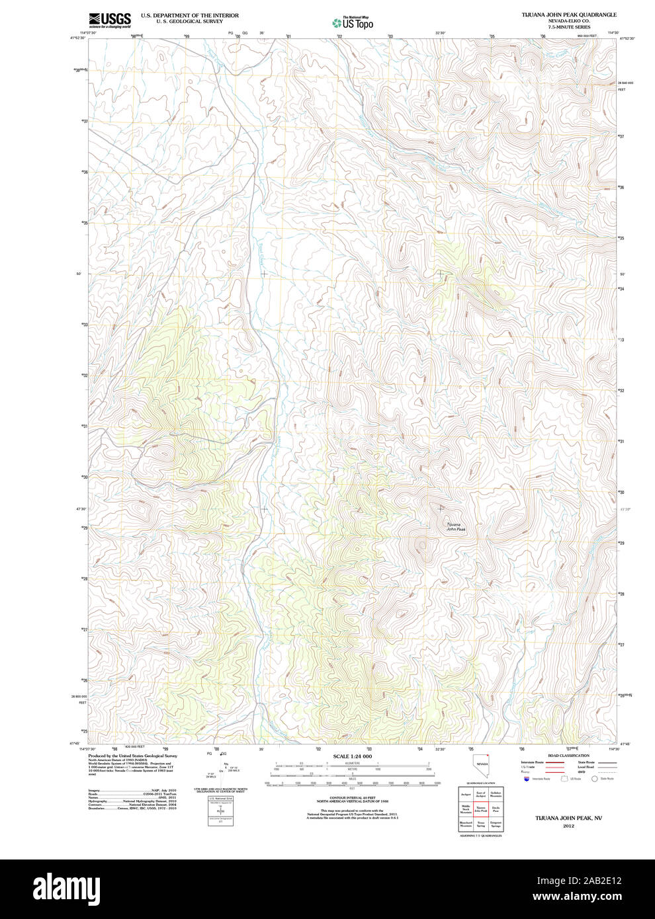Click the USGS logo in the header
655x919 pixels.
pyautogui.click(x=110, y=19)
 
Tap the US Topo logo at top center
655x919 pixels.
pyautogui.click(x=353, y=22)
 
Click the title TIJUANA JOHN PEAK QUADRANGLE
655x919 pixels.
pyautogui.click(x=568, y=15)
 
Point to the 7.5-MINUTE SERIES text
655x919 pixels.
pyautogui.click(x=568, y=27)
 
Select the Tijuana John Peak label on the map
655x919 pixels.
pyautogui.click(x=456, y=527)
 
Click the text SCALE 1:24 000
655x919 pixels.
pyautogui.click(x=352, y=756)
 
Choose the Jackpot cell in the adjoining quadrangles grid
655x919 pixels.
pyautogui.click(x=466, y=793)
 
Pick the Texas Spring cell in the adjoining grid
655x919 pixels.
pyautogui.click(x=481, y=824)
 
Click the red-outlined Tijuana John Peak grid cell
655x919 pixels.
pyautogui.click(x=481, y=809)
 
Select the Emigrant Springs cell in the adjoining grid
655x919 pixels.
pyautogui.click(x=496, y=824)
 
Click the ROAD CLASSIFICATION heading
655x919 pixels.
pyautogui.click(x=568, y=756)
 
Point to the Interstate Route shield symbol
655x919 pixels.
pyautogui.click(x=527, y=779)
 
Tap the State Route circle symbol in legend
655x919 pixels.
pyautogui.click(x=594, y=779)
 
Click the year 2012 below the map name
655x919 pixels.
pyautogui.click(x=568, y=825)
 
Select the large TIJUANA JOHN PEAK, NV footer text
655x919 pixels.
pyautogui.click(x=568, y=817)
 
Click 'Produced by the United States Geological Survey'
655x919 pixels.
pyautogui.click(x=133, y=756)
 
